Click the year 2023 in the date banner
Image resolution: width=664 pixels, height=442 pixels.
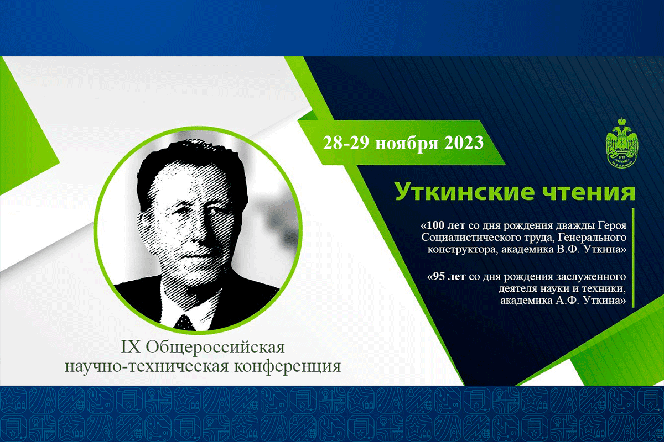click(464, 143)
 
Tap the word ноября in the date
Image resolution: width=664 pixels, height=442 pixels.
click(407, 144)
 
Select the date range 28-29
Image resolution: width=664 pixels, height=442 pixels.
click(346, 143)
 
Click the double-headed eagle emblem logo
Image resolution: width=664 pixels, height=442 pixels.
click(621, 143)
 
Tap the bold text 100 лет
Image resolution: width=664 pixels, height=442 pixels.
click(443, 225)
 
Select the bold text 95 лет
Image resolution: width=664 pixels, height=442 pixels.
click(447, 276)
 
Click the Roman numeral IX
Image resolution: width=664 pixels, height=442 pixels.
click(131, 347)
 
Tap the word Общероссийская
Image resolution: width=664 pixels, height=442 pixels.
click(215, 348)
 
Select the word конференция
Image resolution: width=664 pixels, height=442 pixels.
click(288, 367)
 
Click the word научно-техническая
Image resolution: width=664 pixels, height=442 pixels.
click(147, 366)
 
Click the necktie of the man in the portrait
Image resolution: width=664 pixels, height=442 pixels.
click(184, 323)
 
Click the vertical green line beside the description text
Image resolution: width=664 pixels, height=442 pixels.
click(633, 258)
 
